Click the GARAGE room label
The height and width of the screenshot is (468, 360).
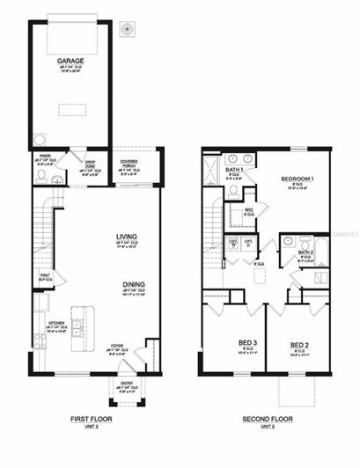[70, 62]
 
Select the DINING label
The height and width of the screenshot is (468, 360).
[135, 284]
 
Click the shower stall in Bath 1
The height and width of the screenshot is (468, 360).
[211, 169]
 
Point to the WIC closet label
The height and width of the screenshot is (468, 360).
[249, 209]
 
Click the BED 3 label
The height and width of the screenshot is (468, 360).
[224, 344]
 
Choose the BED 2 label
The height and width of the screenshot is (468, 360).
[299, 344]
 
